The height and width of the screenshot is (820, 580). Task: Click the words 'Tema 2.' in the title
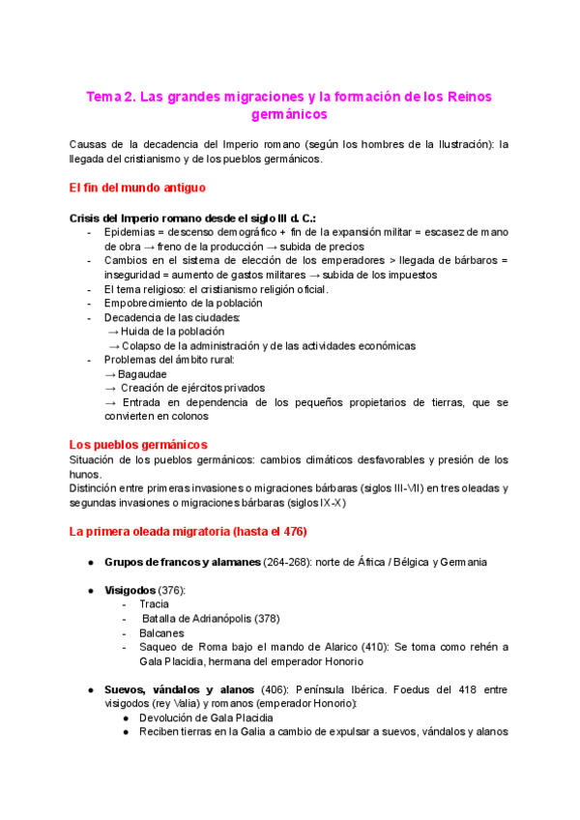[x=110, y=97]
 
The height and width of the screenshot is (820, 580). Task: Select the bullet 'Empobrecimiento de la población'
[x=190, y=303]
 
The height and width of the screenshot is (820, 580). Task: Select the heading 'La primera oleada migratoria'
[x=169, y=531]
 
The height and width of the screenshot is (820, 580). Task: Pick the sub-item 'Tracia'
[x=155, y=604]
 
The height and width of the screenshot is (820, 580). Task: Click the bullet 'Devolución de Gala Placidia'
[x=206, y=717]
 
